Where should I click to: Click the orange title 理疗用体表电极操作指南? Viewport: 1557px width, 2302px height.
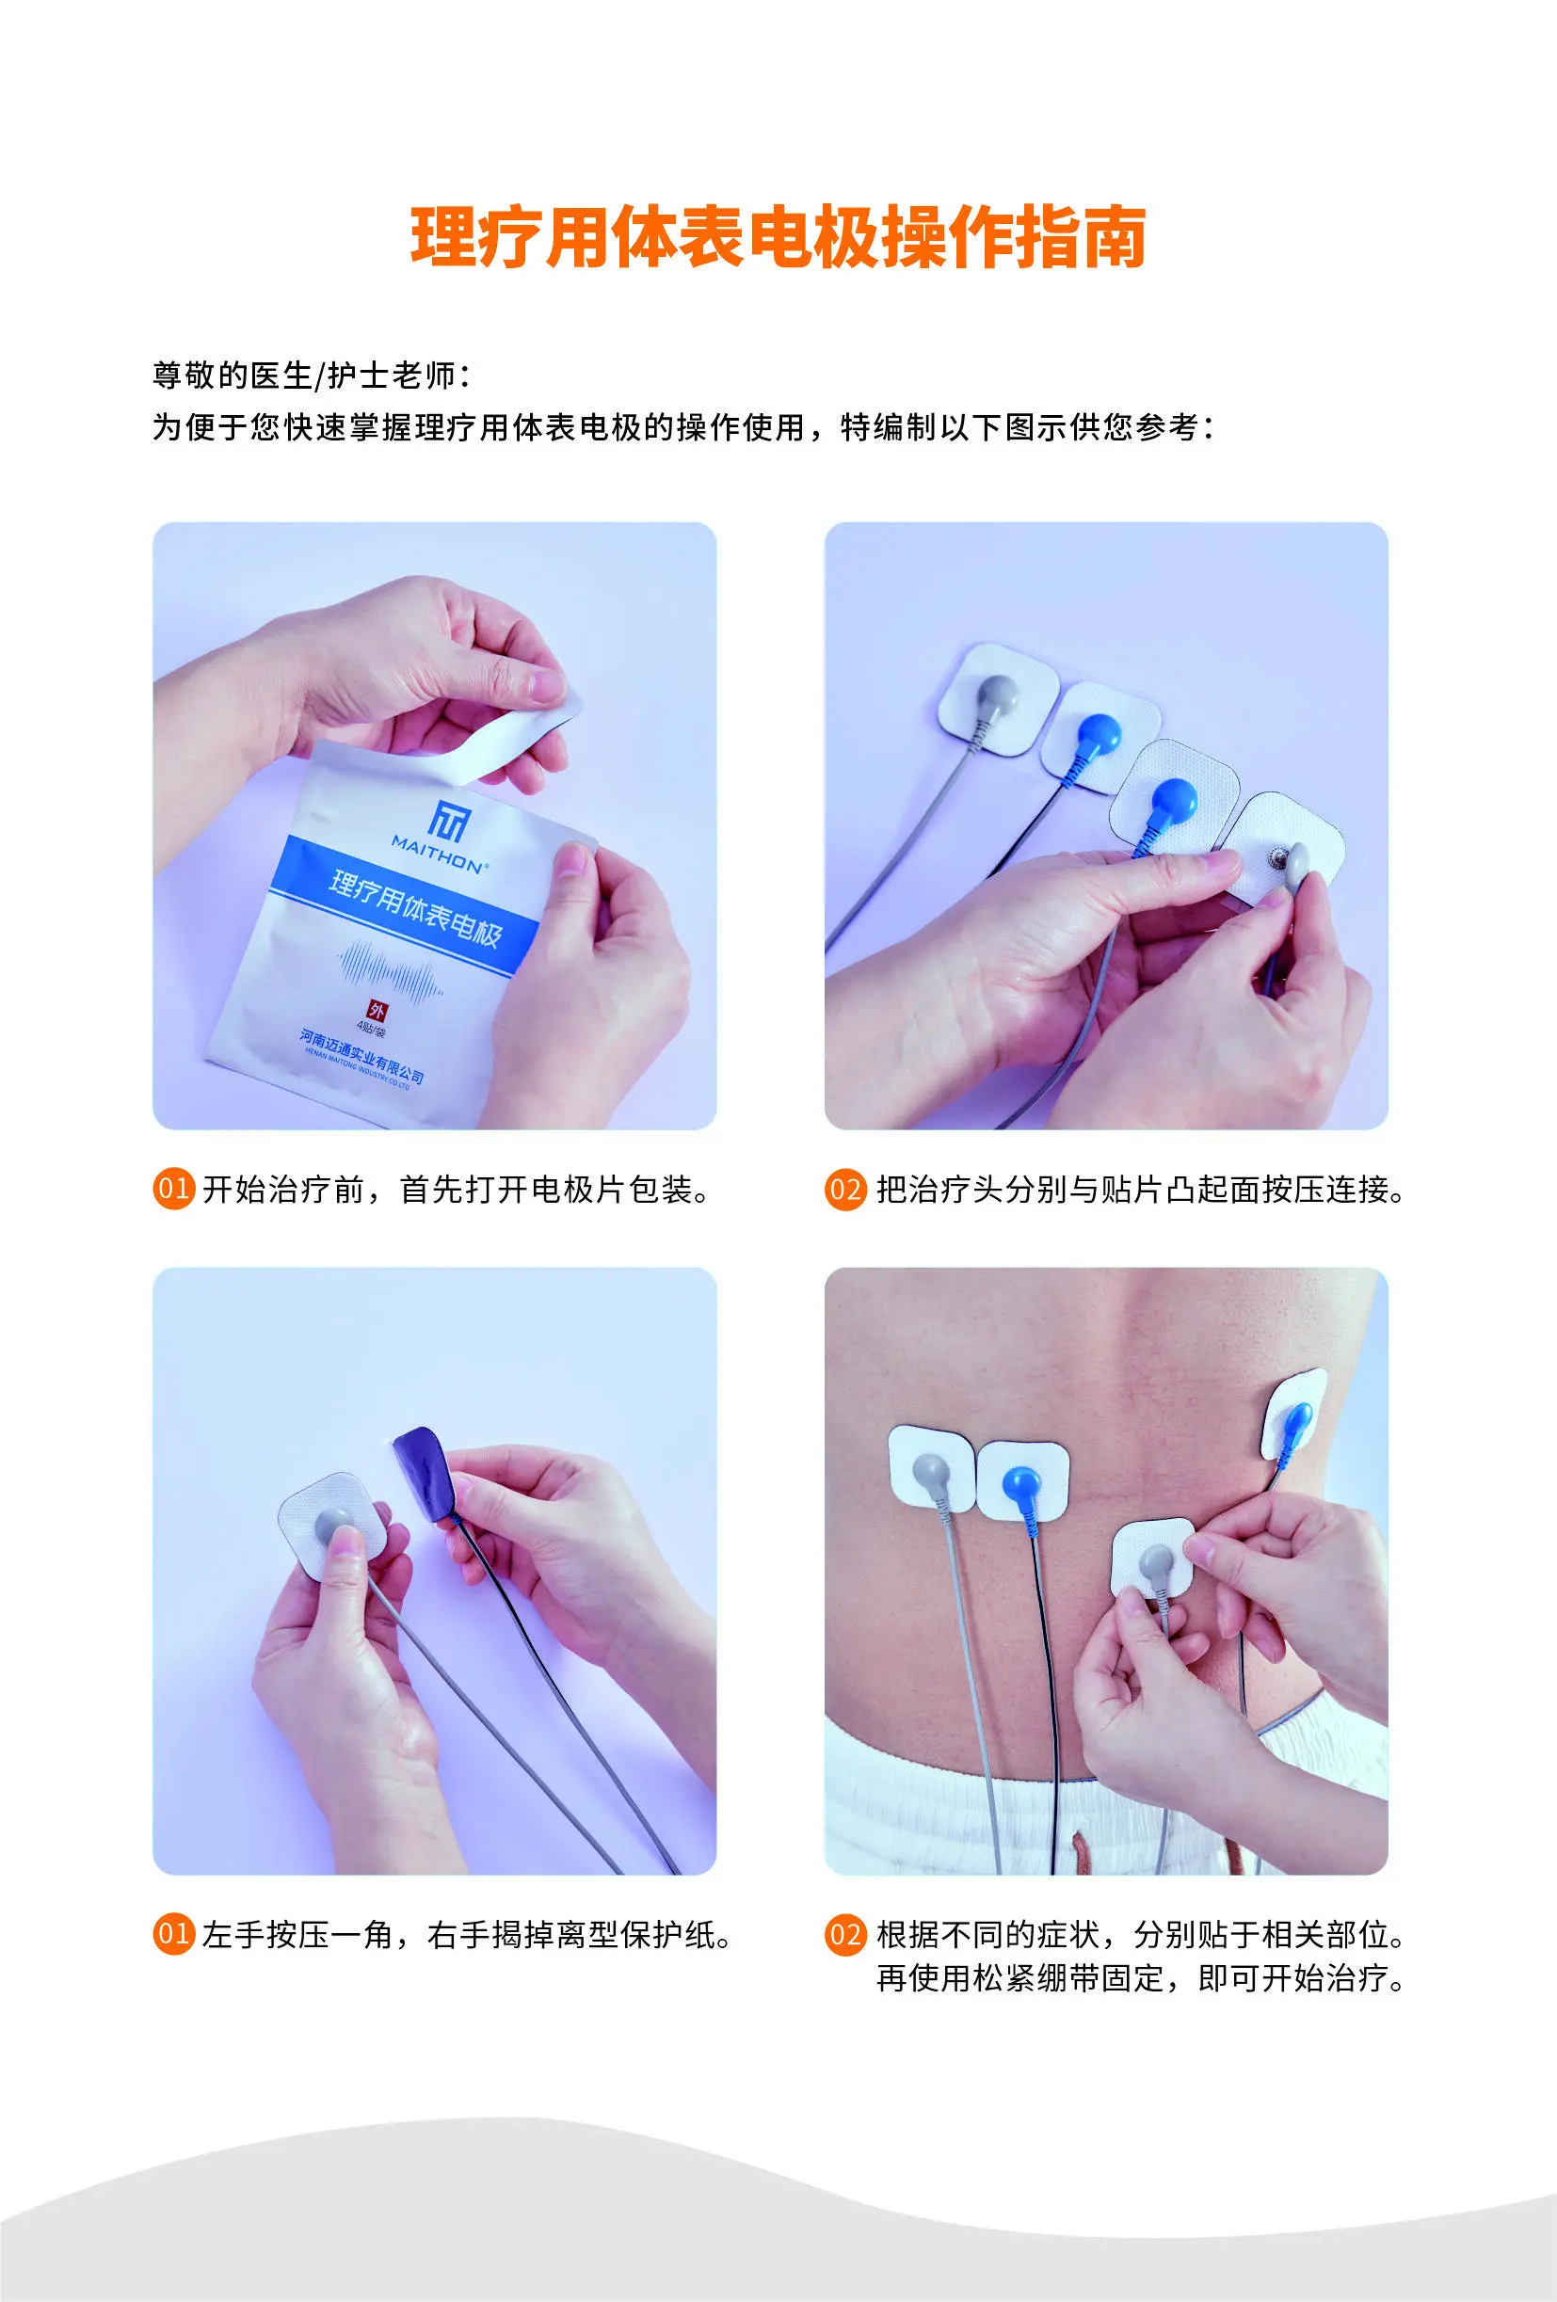778,238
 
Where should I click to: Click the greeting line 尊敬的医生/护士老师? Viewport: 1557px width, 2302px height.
312,376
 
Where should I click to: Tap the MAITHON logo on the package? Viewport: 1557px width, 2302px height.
441,835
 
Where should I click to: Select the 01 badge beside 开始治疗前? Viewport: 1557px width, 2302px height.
173,1189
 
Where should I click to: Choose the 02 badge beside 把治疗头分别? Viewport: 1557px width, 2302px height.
844,1189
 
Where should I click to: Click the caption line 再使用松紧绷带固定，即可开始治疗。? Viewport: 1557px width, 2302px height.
1141,1979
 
